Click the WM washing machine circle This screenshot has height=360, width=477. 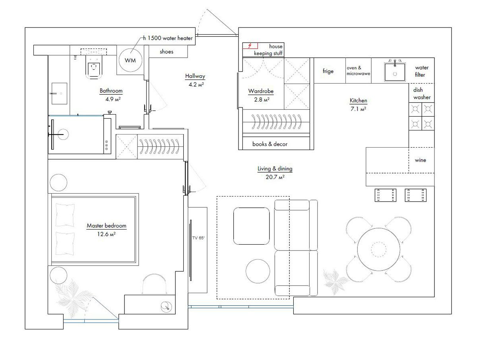tap(130, 60)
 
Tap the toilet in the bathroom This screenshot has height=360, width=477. tap(94, 67)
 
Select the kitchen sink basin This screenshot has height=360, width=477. tap(395, 72)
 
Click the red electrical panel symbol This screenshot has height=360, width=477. tap(250, 46)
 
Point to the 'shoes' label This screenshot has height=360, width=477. tap(167, 52)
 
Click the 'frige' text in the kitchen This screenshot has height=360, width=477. tap(328, 71)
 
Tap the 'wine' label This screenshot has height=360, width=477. tap(420, 160)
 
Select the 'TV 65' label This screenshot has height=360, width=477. tap(198, 238)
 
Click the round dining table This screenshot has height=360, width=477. tap(379, 249)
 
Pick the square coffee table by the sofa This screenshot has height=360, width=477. tap(252, 226)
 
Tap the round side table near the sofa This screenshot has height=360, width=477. tap(258, 271)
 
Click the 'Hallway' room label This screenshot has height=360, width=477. tap(195, 76)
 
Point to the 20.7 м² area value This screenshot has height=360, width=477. tap(275, 177)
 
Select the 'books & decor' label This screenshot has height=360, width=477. tap(270, 144)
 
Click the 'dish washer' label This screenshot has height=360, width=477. tap(422, 93)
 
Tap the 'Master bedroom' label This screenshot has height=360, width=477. tap(107, 226)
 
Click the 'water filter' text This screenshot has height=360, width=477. tap(421, 71)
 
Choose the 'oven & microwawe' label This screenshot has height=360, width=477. tap(358, 71)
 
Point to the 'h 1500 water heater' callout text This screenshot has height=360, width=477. tap(168, 38)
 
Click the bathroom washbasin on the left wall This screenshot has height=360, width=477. tap(59, 93)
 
